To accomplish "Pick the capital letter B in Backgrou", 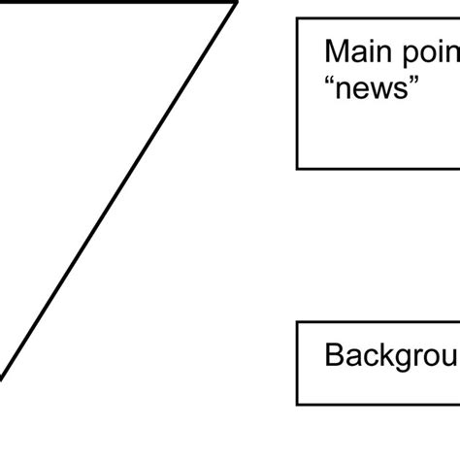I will [x=333, y=355].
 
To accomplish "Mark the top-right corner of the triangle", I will [x=236, y=3].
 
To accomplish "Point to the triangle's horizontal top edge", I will [x=116, y=3].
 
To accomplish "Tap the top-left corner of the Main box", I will [x=297, y=19].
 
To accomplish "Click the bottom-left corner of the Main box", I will [x=297, y=168].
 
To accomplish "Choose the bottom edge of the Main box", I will [x=378, y=168].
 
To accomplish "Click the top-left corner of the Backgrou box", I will [x=297, y=322].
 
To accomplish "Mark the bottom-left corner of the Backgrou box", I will [x=297, y=404].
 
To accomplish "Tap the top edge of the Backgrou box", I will [x=378, y=322].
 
